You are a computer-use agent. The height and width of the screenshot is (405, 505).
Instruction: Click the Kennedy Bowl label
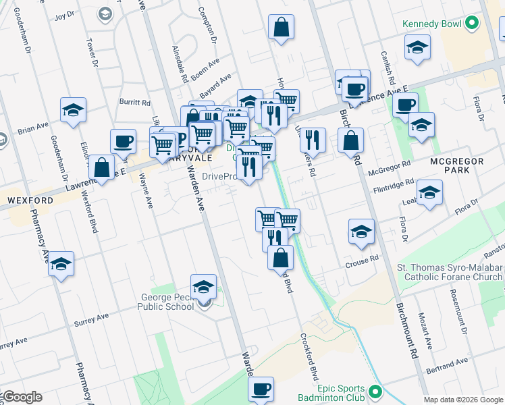tap(431, 24)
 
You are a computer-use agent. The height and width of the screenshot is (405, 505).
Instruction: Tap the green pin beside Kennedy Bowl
tap(473, 24)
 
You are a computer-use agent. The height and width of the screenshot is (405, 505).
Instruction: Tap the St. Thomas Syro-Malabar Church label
tap(450, 272)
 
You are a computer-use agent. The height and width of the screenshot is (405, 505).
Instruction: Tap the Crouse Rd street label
tap(362, 261)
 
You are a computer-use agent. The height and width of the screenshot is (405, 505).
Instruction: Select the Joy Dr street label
tap(64, 14)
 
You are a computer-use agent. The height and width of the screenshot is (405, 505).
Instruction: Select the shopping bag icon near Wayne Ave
tap(101, 168)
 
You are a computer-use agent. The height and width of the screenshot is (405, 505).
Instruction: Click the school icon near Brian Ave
tap(73, 109)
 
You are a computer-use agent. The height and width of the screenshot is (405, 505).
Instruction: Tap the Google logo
tap(22, 397)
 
